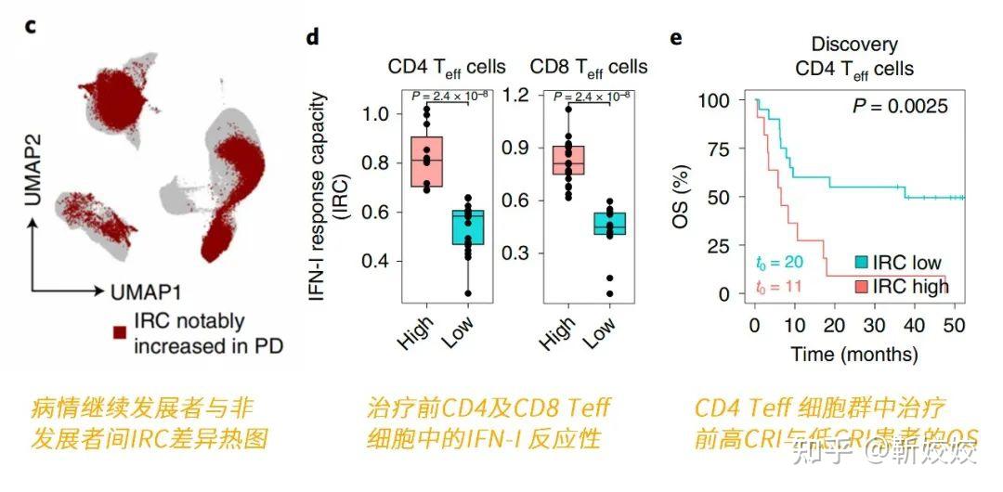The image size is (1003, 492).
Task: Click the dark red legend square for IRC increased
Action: (119, 332)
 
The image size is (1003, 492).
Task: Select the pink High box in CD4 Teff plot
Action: (426, 162)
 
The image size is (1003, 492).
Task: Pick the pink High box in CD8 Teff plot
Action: (568, 160)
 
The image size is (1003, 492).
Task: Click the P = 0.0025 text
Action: (900, 107)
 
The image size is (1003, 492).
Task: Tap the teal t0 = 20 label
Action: (776, 265)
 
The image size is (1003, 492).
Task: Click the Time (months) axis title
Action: (854, 354)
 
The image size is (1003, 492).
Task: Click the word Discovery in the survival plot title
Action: (854, 45)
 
